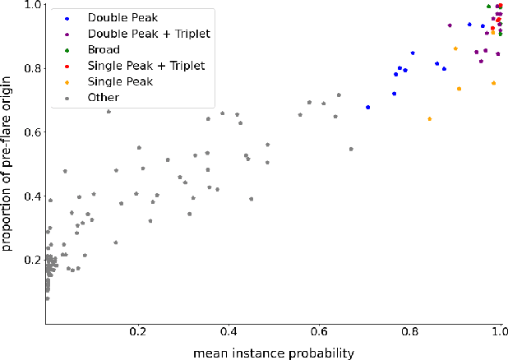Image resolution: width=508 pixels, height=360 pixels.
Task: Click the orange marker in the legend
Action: [x=67, y=81]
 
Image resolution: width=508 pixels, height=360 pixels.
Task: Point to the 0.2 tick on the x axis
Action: [x=138, y=333]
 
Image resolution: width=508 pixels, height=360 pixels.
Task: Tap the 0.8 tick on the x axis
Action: [x=409, y=333]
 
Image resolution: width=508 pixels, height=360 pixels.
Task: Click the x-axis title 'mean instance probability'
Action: [x=274, y=353]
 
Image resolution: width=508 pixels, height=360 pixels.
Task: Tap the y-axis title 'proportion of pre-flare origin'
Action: [x=9, y=161]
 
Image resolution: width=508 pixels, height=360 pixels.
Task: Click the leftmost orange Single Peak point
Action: [x=429, y=119]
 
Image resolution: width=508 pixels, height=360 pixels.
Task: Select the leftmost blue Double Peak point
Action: [x=367, y=108]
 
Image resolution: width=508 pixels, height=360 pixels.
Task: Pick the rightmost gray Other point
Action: [x=351, y=150]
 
